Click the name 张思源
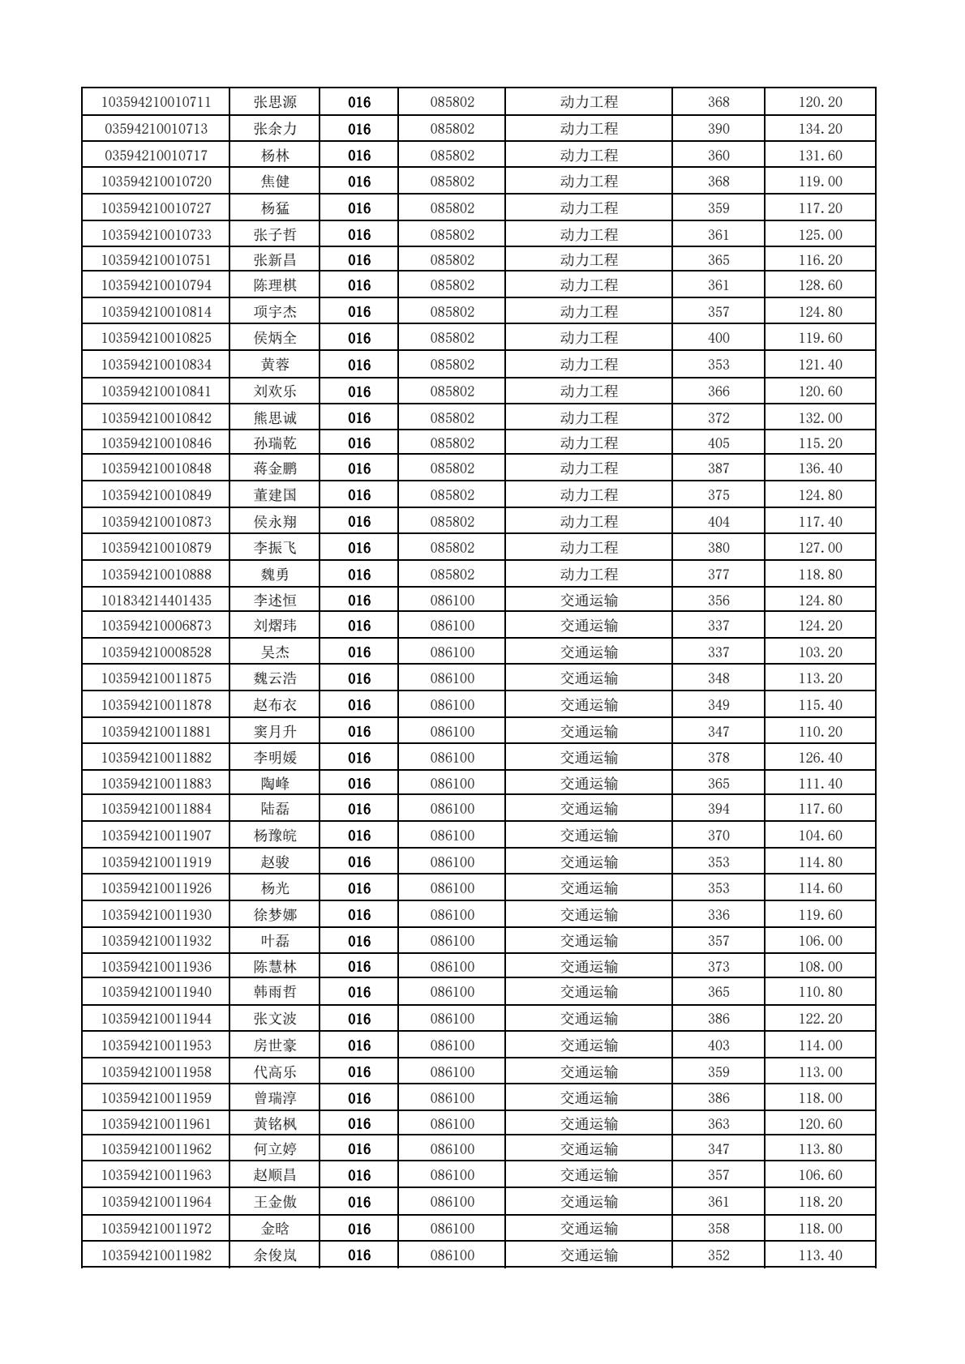click(275, 102)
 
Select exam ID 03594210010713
click(156, 129)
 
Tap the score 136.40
click(820, 468)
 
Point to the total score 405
click(718, 443)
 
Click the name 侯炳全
click(275, 338)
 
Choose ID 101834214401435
click(156, 601)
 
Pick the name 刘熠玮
click(275, 626)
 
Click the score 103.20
click(820, 652)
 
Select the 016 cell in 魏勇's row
click(358, 575)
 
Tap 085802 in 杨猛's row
click(452, 208)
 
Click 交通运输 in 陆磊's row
click(589, 809)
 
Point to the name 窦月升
click(275, 732)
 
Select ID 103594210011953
click(156, 1045)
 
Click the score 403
click(718, 1045)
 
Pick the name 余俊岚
click(275, 1255)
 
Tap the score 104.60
click(820, 836)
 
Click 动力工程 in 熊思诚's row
click(589, 418)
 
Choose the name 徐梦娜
click(275, 915)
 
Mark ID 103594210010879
click(156, 548)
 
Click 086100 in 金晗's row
click(452, 1229)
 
